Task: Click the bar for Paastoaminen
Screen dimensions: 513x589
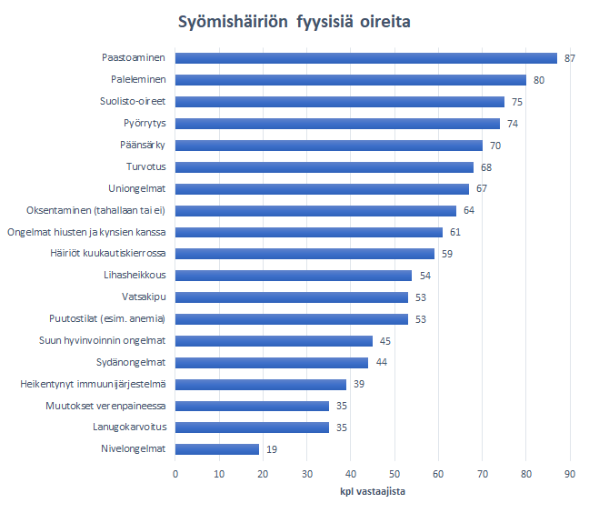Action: (x=365, y=58)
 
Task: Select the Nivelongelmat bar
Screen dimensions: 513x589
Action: (x=217, y=448)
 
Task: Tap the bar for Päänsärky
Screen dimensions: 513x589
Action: (x=328, y=146)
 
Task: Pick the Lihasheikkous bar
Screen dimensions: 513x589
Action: (x=294, y=275)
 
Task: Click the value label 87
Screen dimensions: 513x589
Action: (x=570, y=58)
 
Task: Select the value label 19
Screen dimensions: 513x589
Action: (x=271, y=449)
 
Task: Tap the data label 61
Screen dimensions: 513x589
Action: (x=455, y=232)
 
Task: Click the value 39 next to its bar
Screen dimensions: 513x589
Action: (x=359, y=384)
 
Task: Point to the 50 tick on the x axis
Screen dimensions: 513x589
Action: (x=394, y=474)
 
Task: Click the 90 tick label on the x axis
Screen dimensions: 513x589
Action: (x=570, y=474)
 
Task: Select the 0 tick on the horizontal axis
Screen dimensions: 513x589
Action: (x=175, y=474)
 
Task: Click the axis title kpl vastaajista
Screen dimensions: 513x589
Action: (x=373, y=492)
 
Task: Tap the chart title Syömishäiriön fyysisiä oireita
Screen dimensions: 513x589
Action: (x=294, y=21)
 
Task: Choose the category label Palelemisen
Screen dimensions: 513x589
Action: (x=138, y=80)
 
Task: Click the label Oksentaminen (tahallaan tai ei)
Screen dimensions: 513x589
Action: (x=95, y=210)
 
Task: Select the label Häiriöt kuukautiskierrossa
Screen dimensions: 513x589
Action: (x=113, y=254)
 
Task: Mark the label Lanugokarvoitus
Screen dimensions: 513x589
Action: (x=128, y=427)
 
